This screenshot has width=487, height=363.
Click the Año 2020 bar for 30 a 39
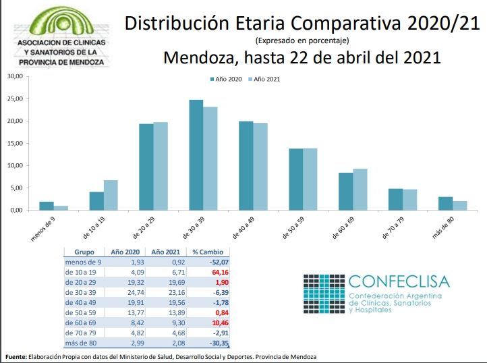tap(196, 155)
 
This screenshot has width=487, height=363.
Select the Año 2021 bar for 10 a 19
tap(111, 195)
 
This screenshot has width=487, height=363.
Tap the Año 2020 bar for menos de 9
tap(46, 206)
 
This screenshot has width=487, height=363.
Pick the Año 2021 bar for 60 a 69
tap(360, 190)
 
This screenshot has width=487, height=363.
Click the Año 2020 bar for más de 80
tap(446, 204)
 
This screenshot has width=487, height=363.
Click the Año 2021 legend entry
tap(264, 79)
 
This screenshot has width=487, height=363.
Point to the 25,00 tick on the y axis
tap(16, 99)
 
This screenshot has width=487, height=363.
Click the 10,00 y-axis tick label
tap(16, 165)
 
